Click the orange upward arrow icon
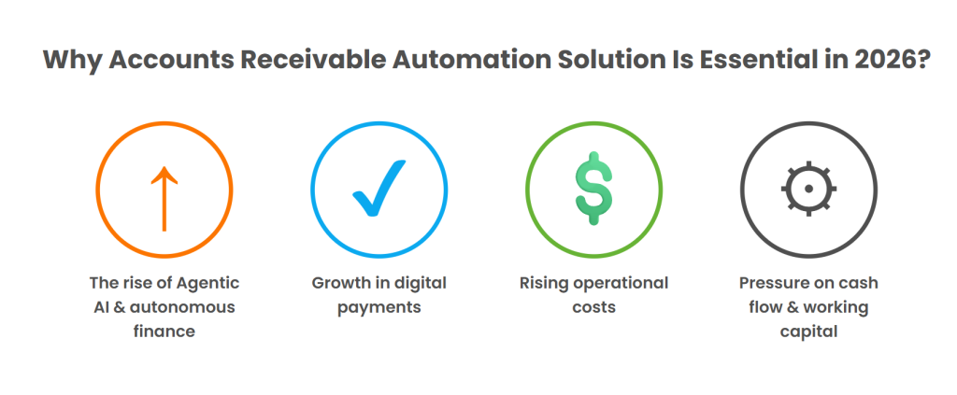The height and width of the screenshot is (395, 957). point(164,197)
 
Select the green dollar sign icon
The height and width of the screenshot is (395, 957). point(593,191)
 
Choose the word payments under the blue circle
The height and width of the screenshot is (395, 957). point(379,306)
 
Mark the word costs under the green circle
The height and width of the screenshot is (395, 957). point(594,306)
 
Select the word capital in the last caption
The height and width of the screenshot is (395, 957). point(809,331)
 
